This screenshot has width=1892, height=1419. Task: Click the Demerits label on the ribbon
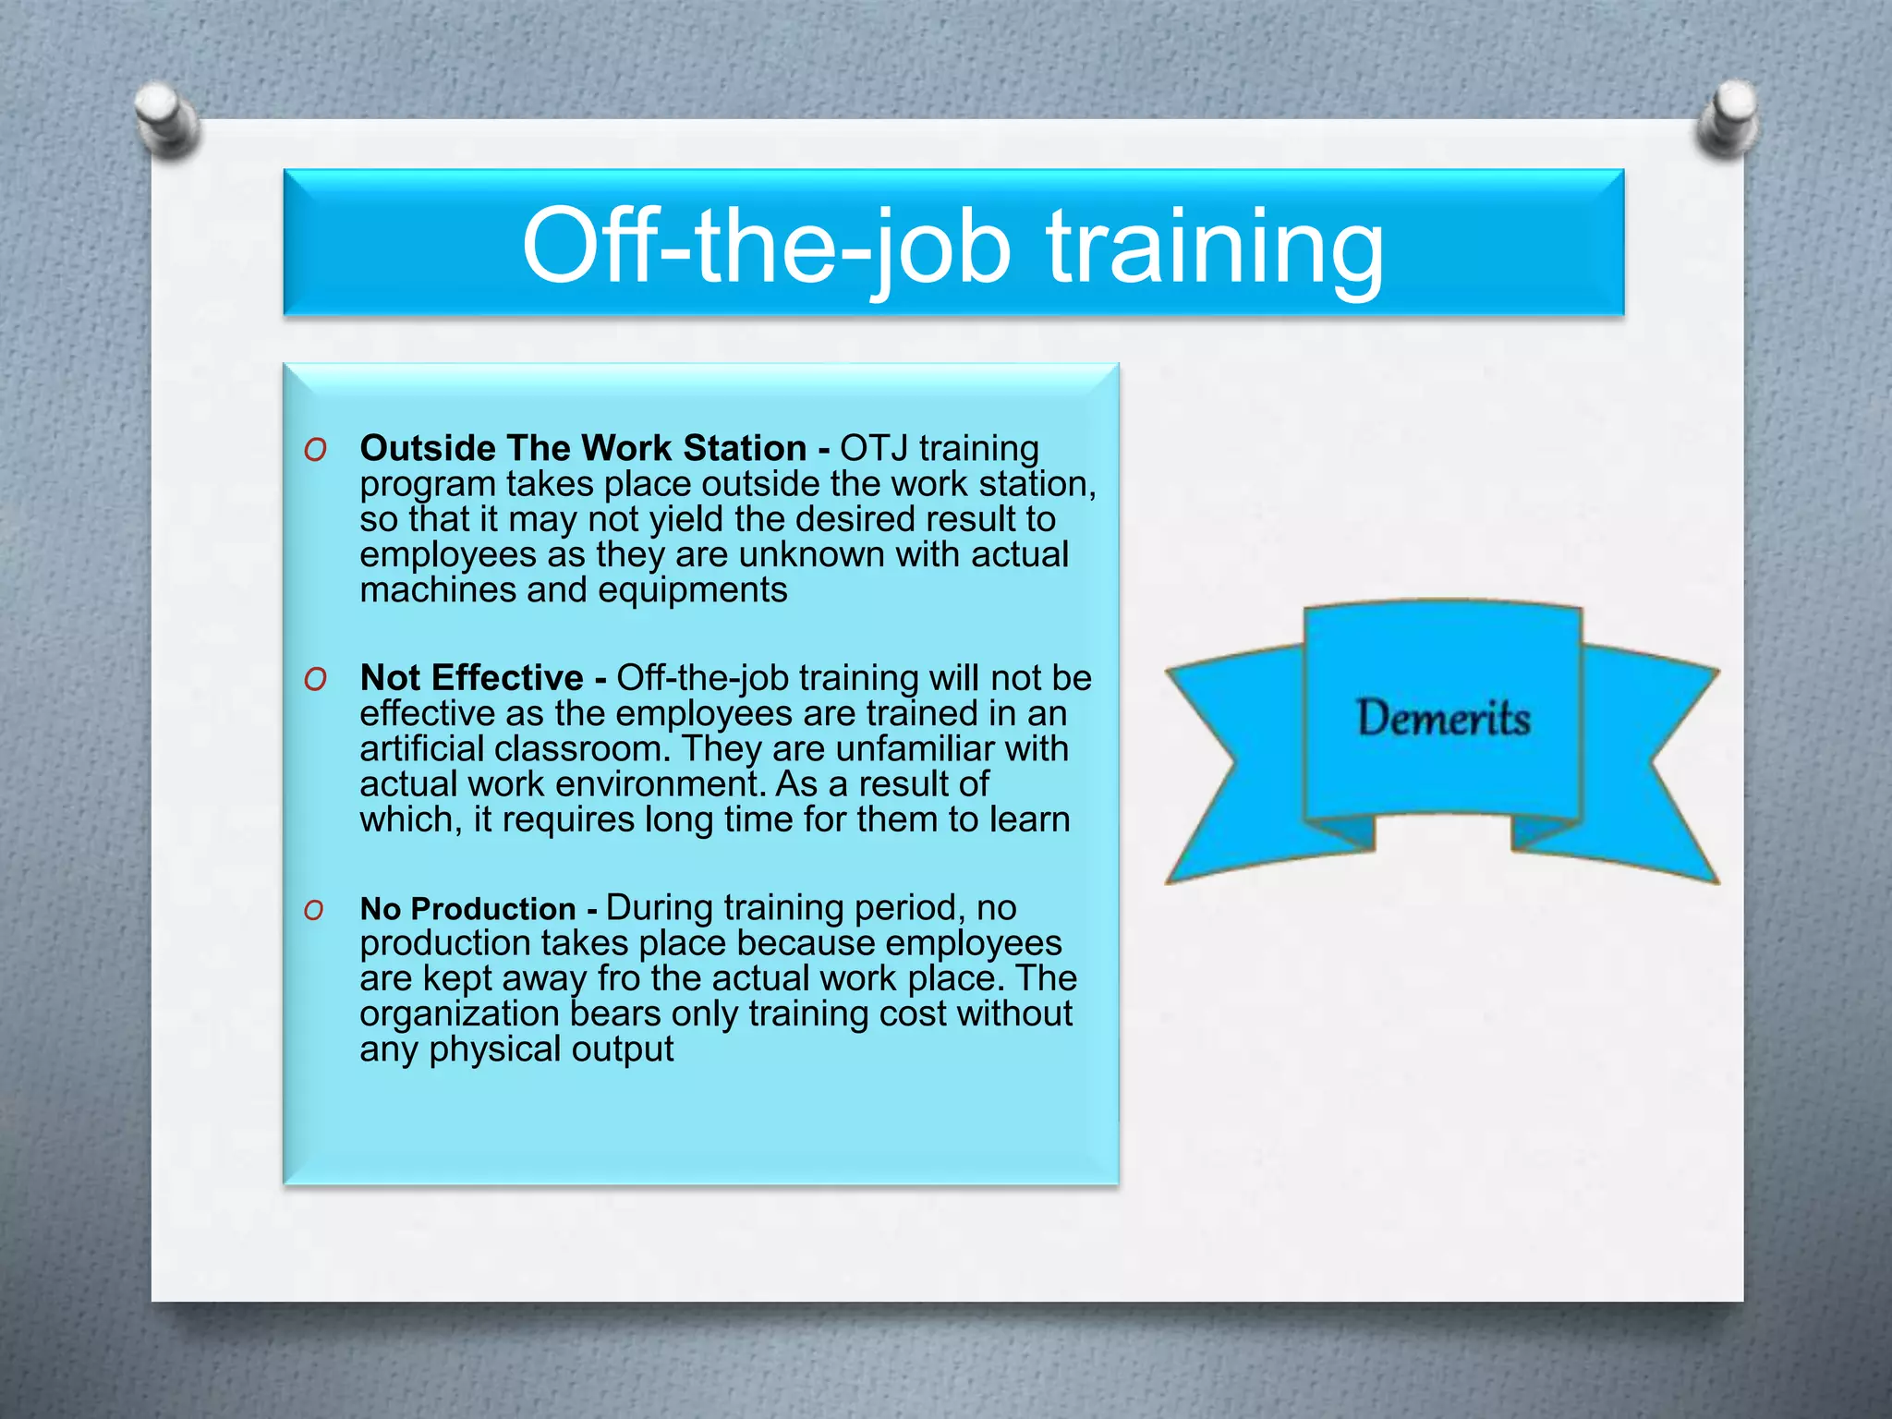click(x=1443, y=718)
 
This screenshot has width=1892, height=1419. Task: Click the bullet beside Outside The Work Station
click(x=316, y=450)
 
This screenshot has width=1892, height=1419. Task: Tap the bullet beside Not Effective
click(x=316, y=679)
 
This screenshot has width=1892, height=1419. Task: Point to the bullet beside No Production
click(x=315, y=910)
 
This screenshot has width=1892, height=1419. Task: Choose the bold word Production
click(x=493, y=909)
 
